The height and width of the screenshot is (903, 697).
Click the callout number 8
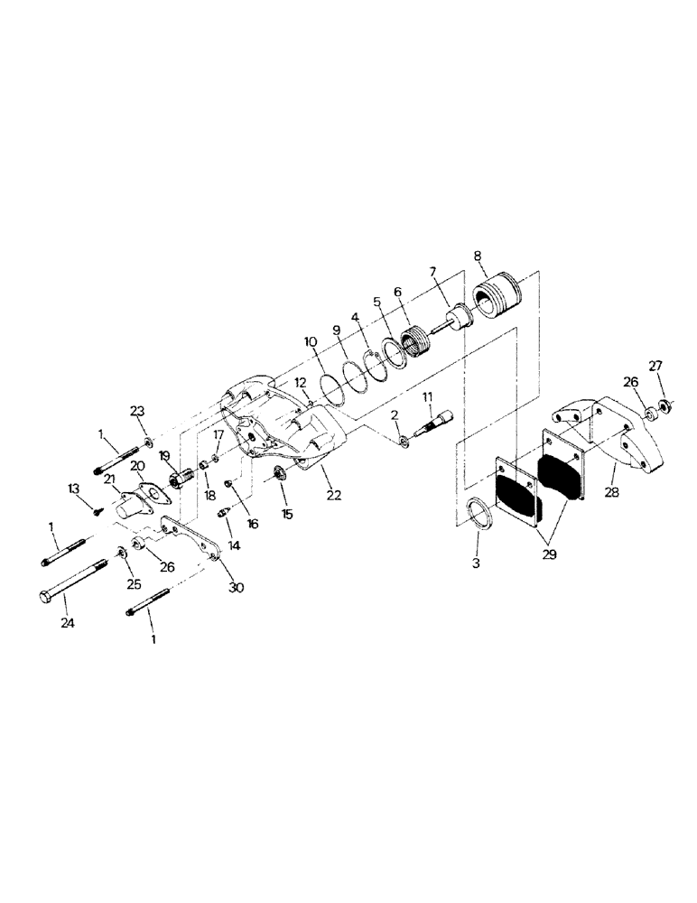(478, 257)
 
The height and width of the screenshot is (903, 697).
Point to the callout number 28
(613, 493)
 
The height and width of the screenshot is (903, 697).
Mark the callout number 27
(657, 366)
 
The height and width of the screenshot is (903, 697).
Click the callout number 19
(164, 457)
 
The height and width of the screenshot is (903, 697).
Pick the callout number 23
(137, 411)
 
